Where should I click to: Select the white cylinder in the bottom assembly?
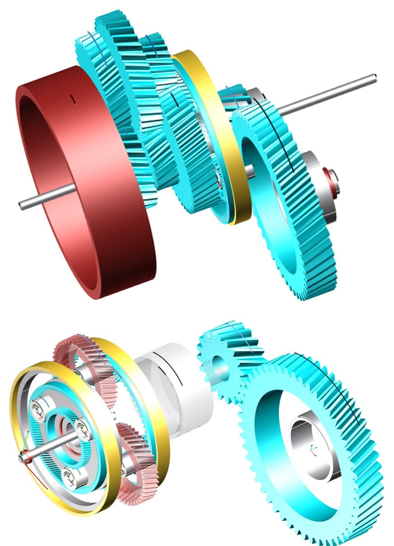point(181,388)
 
